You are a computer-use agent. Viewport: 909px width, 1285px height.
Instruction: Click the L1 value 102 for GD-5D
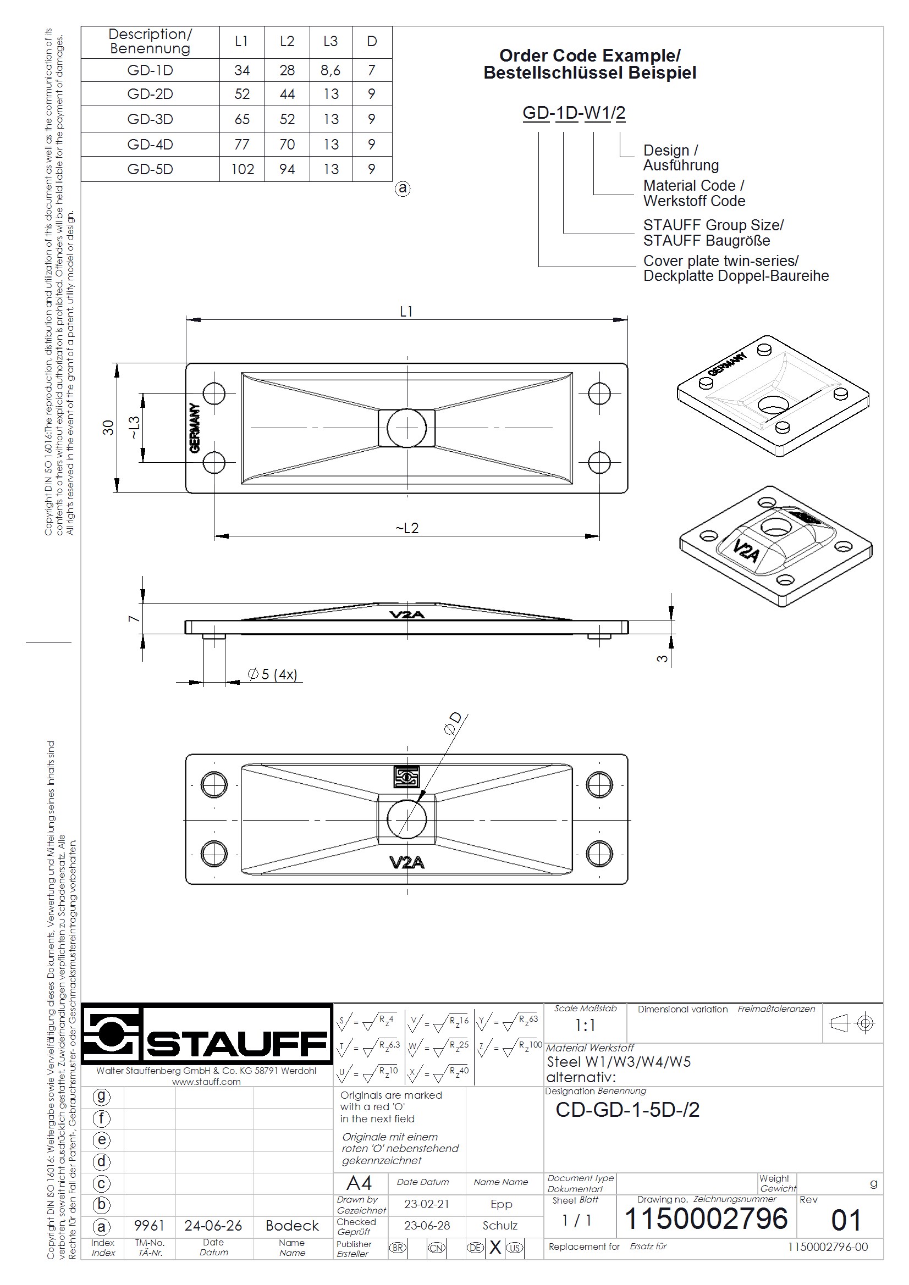242,169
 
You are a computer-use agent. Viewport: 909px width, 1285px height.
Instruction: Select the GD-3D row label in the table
150,119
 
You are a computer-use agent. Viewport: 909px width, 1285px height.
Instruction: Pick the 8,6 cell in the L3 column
330,70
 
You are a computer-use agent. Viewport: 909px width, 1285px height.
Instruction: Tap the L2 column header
287,41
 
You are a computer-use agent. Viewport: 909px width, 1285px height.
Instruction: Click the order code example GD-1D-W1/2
574,113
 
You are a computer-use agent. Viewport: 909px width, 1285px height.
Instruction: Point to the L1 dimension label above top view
406,312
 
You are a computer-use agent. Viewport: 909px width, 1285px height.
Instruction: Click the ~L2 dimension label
407,528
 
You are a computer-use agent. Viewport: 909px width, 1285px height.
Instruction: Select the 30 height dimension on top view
108,428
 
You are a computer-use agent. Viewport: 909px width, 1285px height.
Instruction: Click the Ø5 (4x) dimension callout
272,674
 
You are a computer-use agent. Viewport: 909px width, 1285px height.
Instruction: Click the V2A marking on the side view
407,615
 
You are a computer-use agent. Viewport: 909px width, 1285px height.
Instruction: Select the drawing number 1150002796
706,1219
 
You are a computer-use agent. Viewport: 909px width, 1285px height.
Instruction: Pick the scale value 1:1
585,1026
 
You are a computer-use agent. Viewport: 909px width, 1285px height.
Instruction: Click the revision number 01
846,1221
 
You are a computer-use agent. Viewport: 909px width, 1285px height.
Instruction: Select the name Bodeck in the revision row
292,1226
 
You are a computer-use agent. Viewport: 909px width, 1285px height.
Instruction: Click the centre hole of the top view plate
406,428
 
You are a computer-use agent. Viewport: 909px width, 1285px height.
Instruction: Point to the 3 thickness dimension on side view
662,659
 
